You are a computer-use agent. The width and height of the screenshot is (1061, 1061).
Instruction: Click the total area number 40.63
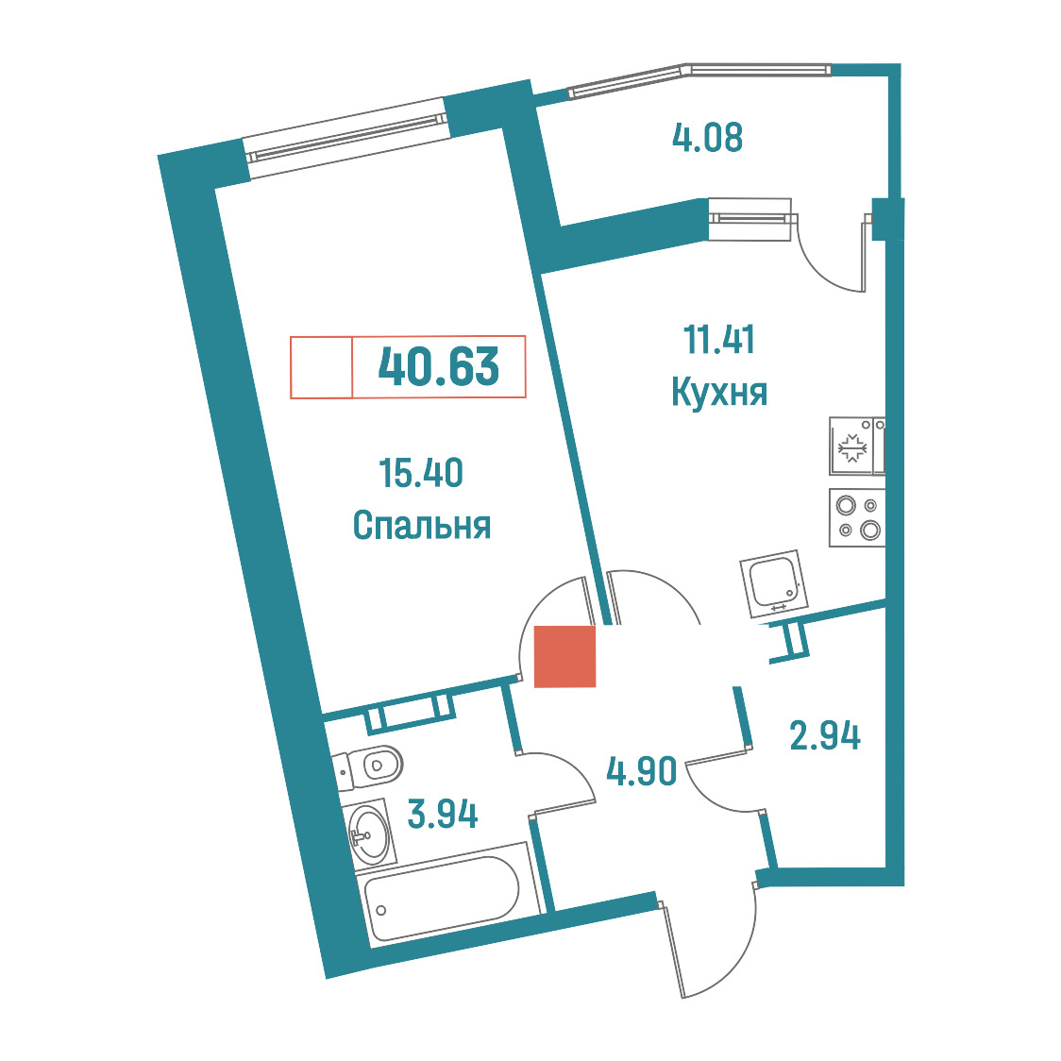[439, 366]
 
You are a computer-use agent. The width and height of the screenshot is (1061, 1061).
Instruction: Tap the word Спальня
[422, 525]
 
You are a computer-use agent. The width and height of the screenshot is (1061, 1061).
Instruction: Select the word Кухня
[719, 392]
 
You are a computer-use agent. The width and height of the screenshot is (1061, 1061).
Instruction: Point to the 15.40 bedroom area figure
[421, 473]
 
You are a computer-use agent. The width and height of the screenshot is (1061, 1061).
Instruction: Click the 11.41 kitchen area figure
[718, 340]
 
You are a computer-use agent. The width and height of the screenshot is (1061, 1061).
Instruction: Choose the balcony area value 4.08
[707, 138]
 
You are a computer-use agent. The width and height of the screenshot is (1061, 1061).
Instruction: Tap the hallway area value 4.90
[642, 770]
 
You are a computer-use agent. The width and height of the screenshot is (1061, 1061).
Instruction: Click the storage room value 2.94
[825, 735]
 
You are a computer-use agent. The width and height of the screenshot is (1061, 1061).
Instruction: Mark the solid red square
[565, 656]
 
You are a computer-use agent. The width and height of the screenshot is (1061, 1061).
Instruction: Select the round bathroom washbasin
[369, 834]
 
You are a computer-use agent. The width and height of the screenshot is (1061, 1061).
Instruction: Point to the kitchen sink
[774, 583]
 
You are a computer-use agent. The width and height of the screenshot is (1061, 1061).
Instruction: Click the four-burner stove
[857, 517]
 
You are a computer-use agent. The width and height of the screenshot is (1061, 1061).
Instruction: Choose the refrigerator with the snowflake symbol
[857, 446]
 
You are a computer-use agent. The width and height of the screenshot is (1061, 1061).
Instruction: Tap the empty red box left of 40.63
[321, 367]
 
